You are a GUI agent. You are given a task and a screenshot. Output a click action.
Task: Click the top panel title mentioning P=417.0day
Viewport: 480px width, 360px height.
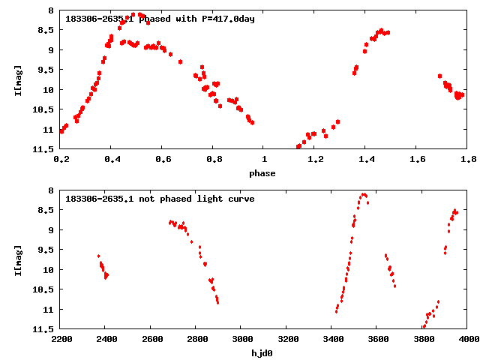coord(160,19)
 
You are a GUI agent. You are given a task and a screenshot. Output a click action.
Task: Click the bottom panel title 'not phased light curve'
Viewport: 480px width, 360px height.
coord(160,199)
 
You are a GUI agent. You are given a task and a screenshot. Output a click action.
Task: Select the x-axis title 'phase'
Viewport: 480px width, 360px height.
coord(262,173)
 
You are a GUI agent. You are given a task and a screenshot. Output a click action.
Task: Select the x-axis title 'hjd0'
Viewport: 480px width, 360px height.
coord(262,353)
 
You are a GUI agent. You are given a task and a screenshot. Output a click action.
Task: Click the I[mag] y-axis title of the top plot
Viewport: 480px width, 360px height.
coord(18,79)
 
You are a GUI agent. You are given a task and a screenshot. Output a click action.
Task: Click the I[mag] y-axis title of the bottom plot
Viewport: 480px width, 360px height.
coord(18,259)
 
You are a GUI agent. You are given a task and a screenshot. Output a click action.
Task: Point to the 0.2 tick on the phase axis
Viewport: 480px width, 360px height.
coord(61,159)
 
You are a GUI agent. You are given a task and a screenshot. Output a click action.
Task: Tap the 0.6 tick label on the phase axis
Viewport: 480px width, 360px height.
coord(163,159)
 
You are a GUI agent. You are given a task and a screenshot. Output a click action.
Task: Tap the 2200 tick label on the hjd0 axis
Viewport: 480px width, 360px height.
coord(61,339)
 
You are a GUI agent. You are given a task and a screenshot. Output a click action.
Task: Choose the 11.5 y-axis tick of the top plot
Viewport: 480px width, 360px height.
coord(46,149)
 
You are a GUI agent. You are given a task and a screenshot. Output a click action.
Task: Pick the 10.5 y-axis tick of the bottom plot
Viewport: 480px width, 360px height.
coord(46,289)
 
